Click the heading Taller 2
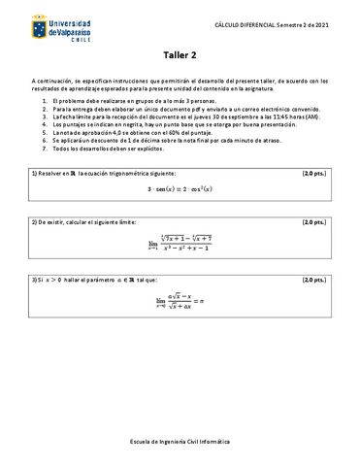tap(180, 56)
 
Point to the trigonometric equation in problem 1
tap(180, 190)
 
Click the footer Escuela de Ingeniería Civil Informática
tap(180, 439)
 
